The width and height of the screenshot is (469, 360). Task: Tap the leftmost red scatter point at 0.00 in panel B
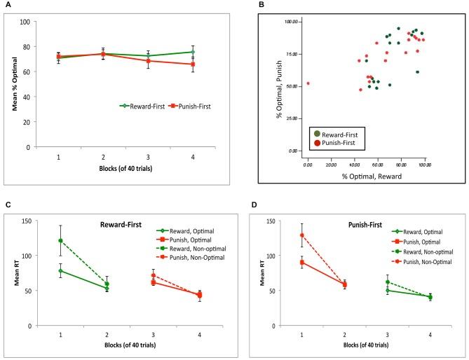point(308,83)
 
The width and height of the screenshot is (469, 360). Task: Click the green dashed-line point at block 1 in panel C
point(60,240)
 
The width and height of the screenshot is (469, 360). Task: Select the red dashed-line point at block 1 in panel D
point(302,235)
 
